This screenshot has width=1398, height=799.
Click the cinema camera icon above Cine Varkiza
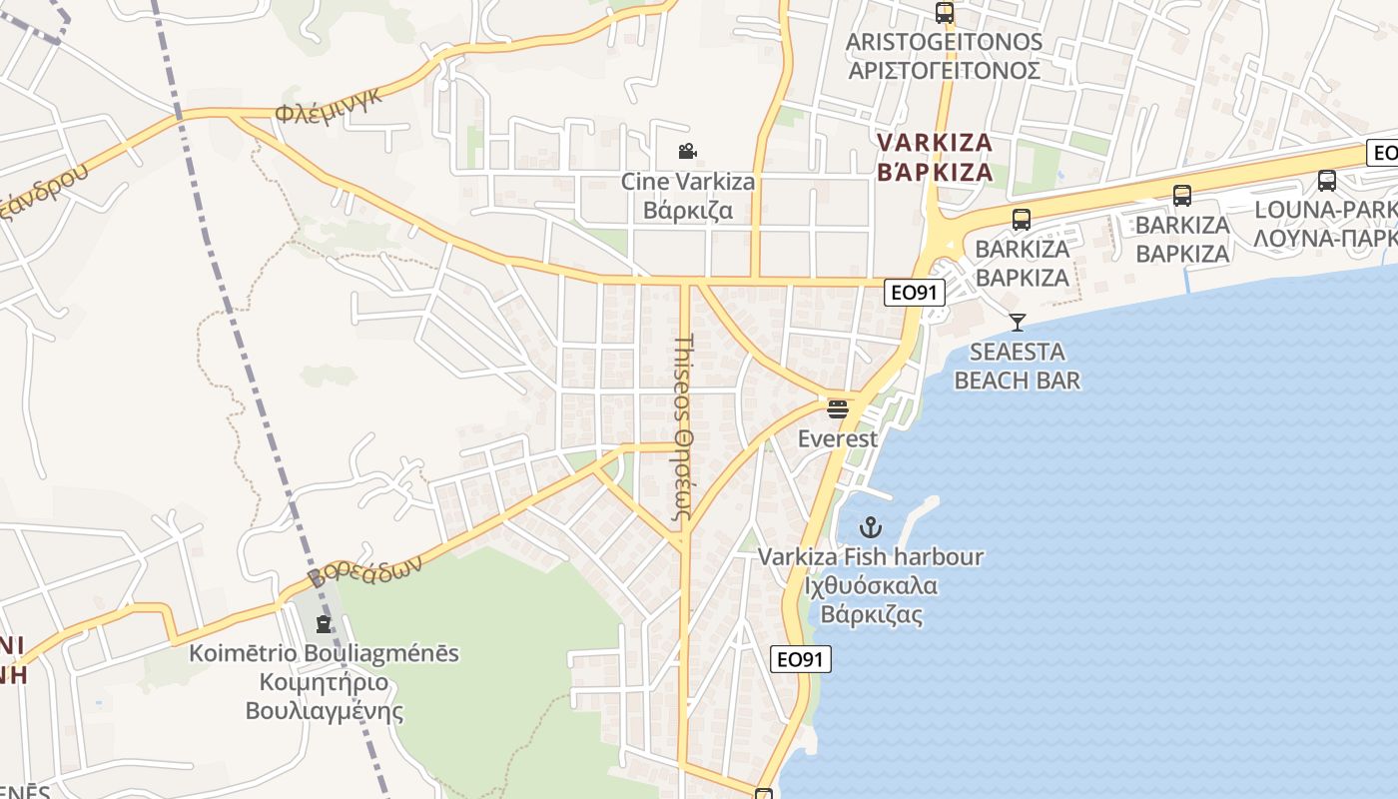point(687,152)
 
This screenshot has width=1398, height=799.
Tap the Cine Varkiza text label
point(688,182)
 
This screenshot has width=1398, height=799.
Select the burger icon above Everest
point(838,408)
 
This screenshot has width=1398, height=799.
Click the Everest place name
point(838,438)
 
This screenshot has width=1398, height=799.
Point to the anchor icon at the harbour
point(872,527)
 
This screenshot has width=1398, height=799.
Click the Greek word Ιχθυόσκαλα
point(872,585)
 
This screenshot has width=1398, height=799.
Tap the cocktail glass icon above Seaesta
point(1018,322)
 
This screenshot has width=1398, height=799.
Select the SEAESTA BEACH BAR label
point(1018,366)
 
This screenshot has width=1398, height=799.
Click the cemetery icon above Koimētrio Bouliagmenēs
point(324,624)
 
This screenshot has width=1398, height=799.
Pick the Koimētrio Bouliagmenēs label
point(325,653)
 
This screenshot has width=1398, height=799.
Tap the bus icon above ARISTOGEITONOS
point(944,13)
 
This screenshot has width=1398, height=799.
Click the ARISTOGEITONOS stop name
point(944,42)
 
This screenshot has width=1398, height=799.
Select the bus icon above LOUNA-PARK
point(1326,181)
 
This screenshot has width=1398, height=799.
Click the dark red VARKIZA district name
point(935,143)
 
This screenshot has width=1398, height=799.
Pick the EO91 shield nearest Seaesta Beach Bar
point(914,293)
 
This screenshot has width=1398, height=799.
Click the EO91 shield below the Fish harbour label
point(801,659)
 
